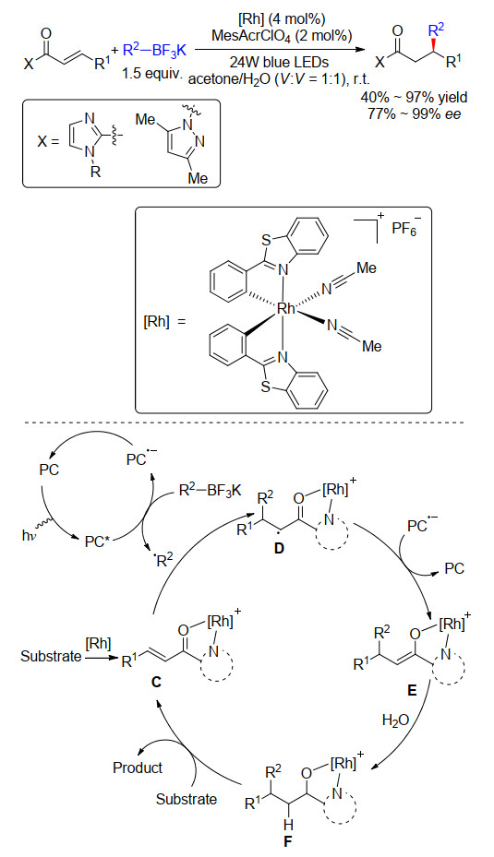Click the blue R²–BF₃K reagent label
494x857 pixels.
154,52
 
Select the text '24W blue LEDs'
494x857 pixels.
279,62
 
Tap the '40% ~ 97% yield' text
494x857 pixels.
414,97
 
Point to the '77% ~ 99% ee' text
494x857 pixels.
414,113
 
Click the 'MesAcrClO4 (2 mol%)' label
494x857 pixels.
282,36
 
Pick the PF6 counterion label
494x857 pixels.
404,229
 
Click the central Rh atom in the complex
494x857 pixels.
286,309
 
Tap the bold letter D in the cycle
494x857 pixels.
280,549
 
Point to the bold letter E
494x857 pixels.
412,691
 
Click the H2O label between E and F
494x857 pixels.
395,720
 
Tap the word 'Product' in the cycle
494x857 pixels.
138,768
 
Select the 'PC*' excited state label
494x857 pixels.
96,542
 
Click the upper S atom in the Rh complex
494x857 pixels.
266,239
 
